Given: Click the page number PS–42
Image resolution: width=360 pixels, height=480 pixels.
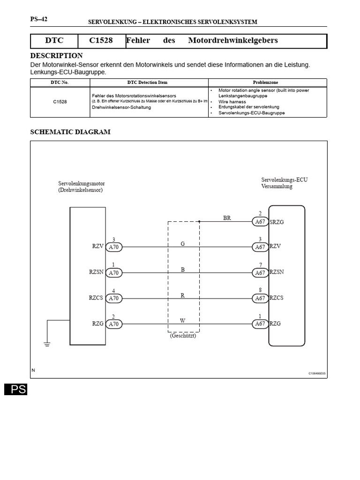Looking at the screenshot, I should (x=38, y=19).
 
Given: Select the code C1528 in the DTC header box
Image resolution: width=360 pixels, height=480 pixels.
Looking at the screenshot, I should (x=101, y=40).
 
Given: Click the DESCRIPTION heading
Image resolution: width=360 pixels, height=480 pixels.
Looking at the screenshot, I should (x=56, y=56).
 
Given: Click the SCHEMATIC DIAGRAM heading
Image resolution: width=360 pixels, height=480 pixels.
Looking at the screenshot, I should (x=70, y=132).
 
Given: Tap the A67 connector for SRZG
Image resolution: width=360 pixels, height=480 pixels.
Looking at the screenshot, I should (x=260, y=222).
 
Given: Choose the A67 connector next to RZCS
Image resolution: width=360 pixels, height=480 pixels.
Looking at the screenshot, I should (x=260, y=298).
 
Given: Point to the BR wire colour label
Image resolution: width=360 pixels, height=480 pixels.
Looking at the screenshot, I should (x=227, y=218).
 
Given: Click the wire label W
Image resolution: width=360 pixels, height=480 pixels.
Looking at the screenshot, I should (x=183, y=320).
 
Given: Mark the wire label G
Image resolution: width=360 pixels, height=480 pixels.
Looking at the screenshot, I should (x=183, y=244).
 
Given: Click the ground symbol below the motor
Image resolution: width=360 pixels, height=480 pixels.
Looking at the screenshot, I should (x=47, y=345).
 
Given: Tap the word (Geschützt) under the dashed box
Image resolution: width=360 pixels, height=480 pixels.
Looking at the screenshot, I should (x=183, y=336).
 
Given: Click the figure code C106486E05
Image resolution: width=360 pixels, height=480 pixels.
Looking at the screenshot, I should (x=316, y=374).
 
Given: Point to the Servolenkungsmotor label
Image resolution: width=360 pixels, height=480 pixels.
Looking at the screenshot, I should (x=80, y=183).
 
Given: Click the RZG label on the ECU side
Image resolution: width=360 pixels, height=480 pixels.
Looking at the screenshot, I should (x=276, y=323).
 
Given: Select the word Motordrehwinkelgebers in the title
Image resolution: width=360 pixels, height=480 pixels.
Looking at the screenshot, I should (x=233, y=40).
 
